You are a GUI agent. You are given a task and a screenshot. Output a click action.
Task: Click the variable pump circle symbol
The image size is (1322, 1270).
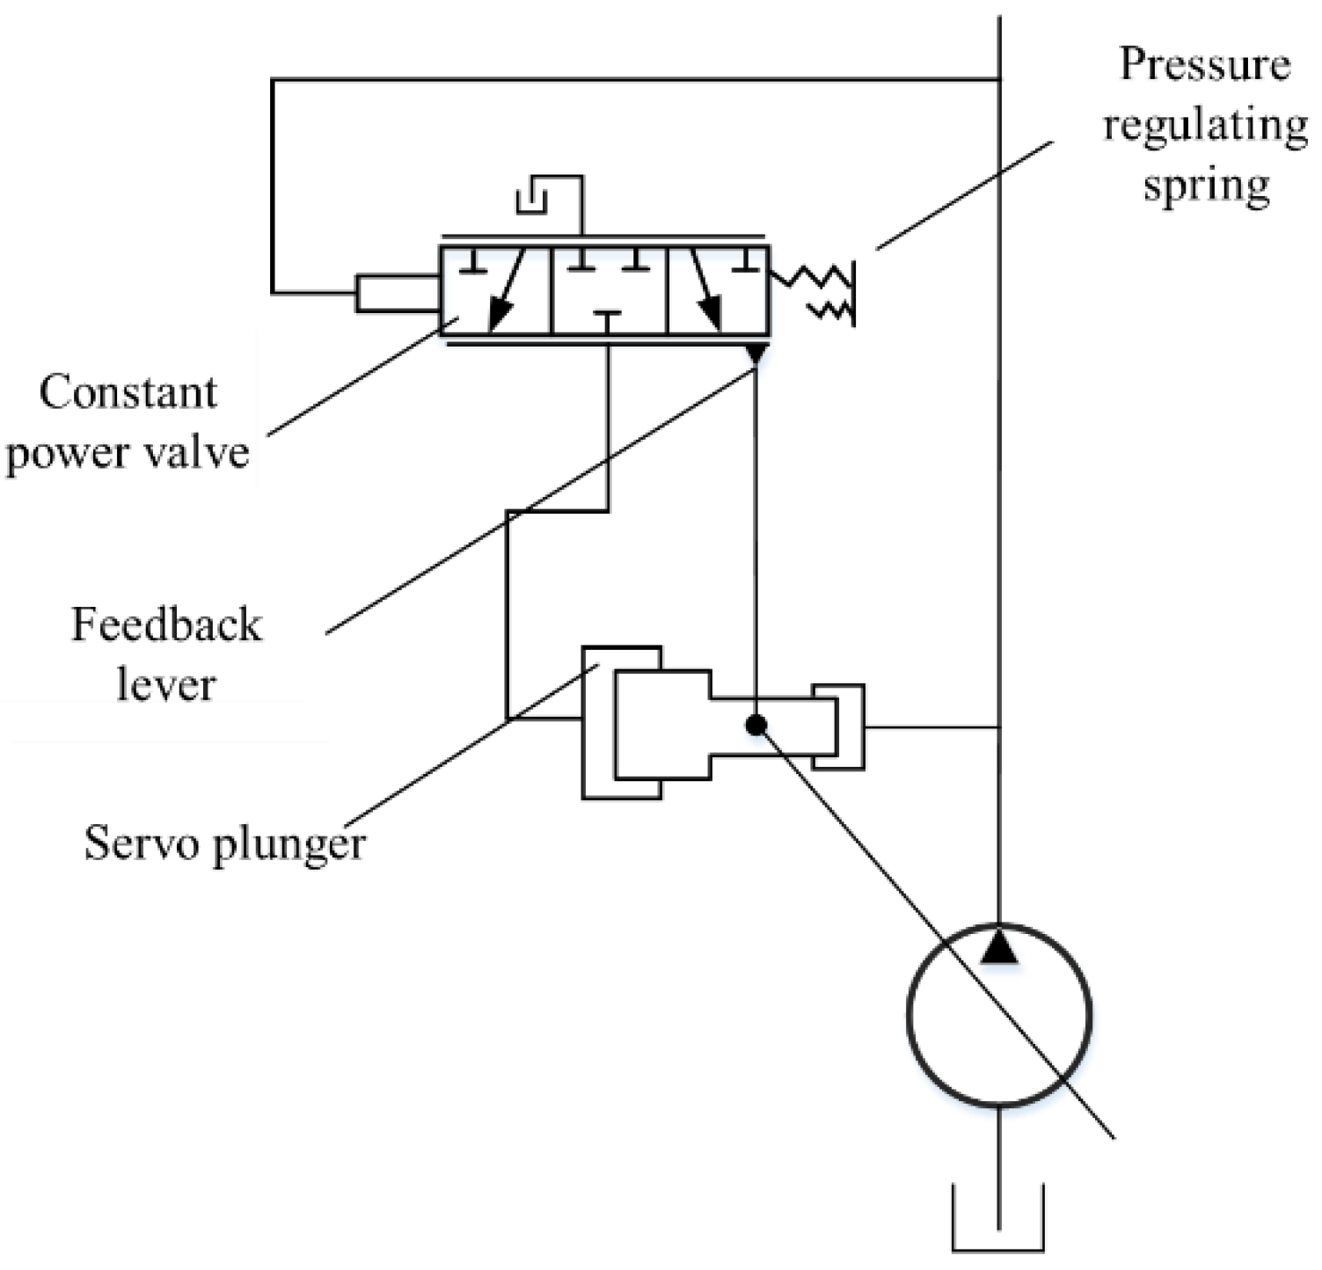click(x=998, y=1013)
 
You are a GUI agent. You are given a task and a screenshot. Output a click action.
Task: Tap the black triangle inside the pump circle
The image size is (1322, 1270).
click(x=999, y=948)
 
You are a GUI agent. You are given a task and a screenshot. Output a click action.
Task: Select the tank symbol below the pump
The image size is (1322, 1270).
click(x=999, y=1231)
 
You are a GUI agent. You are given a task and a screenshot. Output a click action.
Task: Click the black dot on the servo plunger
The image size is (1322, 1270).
click(x=756, y=725)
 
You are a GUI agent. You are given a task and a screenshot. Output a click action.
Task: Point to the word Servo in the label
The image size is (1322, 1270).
click(x=128, y=843)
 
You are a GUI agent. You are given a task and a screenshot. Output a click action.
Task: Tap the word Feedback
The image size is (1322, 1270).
click(x=166, y=625)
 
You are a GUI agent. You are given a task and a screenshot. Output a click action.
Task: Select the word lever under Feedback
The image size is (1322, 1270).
click(x=166, y=684)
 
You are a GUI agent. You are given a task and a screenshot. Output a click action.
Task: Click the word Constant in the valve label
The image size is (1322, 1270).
click(x=128, y=392)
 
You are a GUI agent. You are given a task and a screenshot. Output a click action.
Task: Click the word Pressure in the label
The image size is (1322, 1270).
click(x=1205, y=64)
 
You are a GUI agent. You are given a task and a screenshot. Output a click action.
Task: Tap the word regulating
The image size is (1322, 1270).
click(x=1205, y=126)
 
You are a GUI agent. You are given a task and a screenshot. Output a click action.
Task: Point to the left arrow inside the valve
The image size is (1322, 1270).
click(x=507, y=290)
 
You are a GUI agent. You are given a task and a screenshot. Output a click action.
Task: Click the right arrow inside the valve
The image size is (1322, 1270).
click(x=705, y=290)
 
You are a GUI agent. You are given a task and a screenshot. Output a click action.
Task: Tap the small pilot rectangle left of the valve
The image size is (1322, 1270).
click(x=398, y=293)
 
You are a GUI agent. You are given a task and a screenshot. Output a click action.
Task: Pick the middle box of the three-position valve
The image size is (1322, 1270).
click(x=609, y=290)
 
